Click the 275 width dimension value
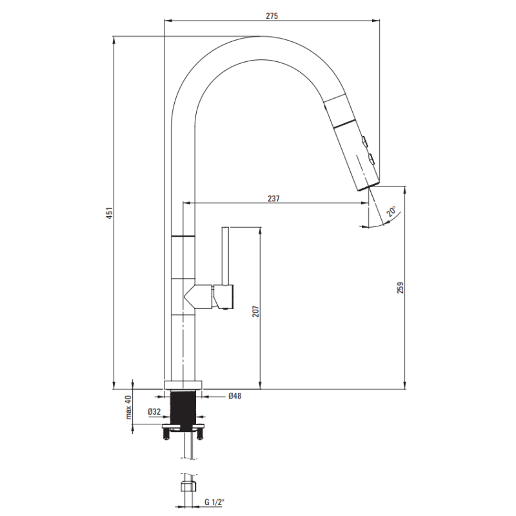click(x=272, y=15)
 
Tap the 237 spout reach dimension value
click(x=273, y=199)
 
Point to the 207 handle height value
click(x=255, y=312)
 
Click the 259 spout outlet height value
click(x=400, y=288)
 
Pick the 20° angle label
click(x=392, y=212)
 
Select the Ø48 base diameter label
click(x=235, y=396)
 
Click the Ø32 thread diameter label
click(x=154, y=412)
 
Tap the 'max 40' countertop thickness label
click(x=128, y=407)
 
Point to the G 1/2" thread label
click(x=214, y=502)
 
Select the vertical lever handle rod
click(x=226, y=255)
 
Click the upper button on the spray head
click(x=364, y=141)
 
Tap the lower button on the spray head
click(x=372, y=159)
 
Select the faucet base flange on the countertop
click(x=183, y=385)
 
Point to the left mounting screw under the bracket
click(x=166, y=434)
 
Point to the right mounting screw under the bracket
click(x=201, y=434)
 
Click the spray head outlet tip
click(x=368, y=185)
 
